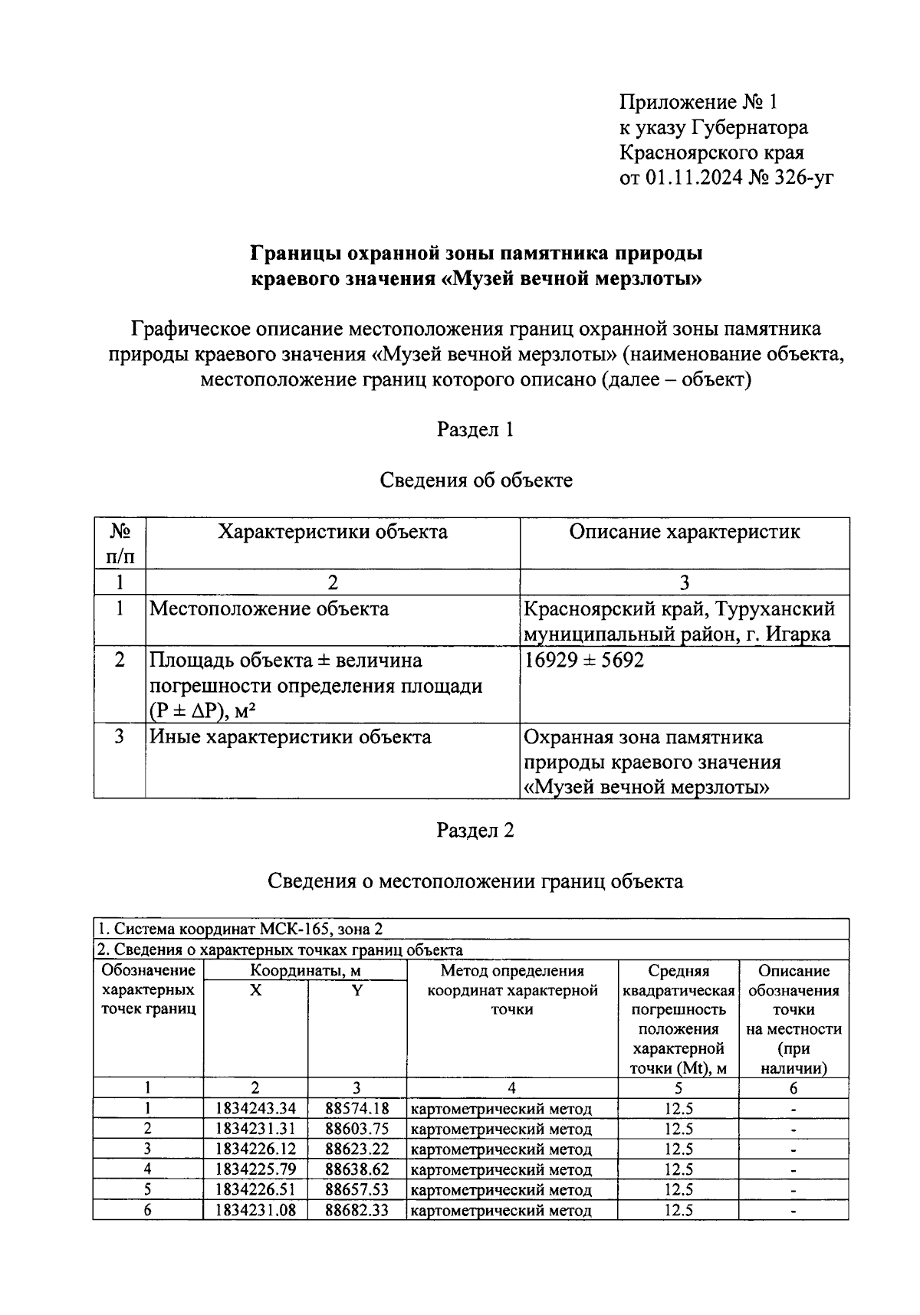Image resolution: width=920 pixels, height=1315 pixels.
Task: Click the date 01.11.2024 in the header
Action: point(694,178)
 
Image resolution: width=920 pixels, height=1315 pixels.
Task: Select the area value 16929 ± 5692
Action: point(583,660)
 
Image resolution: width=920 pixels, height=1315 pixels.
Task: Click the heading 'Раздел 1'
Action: point(475,429)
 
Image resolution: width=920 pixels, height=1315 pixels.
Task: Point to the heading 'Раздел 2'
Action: point(475,830)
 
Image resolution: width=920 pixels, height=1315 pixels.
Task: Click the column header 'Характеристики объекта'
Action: point(332,532)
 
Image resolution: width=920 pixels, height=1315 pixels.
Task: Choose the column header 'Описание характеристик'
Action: point(684,532)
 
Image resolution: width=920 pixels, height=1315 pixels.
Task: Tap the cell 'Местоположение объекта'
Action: point(269,609)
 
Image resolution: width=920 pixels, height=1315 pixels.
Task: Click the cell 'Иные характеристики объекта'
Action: point(291,737)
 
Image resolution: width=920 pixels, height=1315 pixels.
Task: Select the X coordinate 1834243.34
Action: point(255,1108)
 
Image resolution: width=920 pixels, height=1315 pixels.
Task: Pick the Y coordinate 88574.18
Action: point(356,1108)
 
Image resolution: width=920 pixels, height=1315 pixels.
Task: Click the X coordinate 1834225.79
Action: point(255,1169)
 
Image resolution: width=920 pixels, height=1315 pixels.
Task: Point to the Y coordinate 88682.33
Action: point(356,1210)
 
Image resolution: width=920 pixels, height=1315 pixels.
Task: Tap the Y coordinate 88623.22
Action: point(356,1149)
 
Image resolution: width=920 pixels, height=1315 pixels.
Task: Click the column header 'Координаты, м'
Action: point(305,971)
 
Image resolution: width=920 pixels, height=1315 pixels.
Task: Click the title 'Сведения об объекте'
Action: point(476,480)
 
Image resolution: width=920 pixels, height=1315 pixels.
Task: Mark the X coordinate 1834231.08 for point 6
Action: point(255,1210)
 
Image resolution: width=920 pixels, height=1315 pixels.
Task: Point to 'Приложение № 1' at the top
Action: point(698,102)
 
